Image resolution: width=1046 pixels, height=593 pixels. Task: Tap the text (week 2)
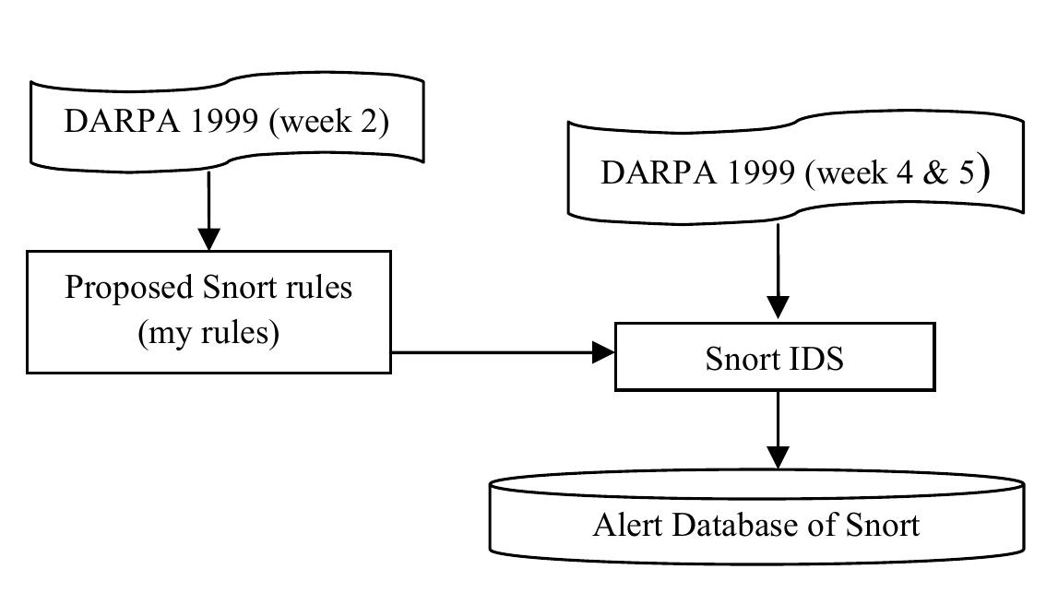pyautogui.click(x=327, y=123)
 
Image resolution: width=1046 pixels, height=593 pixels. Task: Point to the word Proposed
pyautogui.click(x=128, y=288)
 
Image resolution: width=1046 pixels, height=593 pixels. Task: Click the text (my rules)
pyautogui.click(x=208, y=333)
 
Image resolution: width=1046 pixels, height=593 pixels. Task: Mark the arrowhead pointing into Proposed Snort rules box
pyautogui.click(x=209, y=239)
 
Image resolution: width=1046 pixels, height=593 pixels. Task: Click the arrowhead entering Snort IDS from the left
pyautogui.click(x=604, y=351)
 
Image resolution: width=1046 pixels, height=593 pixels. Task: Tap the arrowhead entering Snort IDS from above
pyautogui.click(x=779, y=309)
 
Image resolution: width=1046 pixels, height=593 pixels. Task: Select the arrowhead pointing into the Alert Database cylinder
pyautogui.click(x=779, y=457)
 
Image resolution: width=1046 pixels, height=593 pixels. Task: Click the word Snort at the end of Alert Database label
pyautogui.click(x=883, y=525)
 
